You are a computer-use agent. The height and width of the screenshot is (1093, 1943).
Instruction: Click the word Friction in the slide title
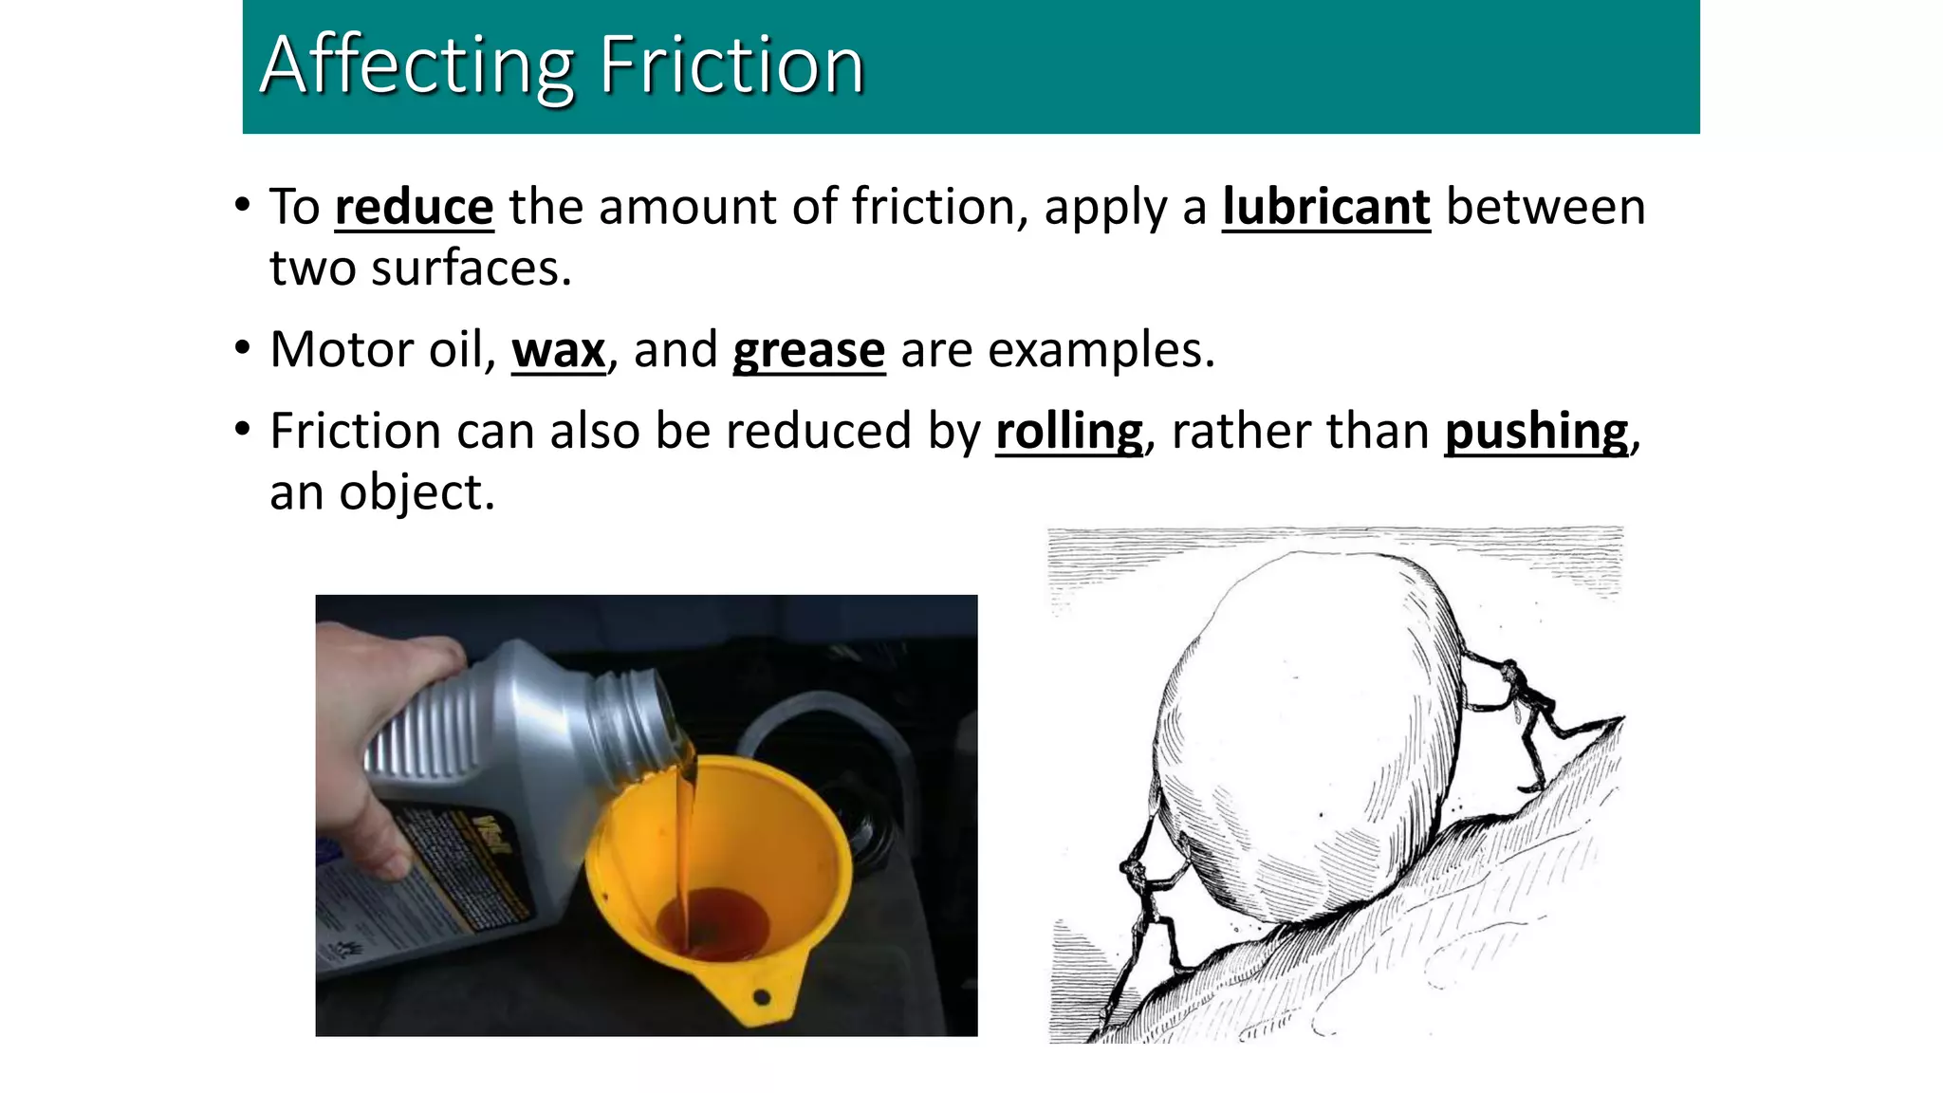731,65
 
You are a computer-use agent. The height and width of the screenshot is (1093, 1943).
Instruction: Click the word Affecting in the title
417,65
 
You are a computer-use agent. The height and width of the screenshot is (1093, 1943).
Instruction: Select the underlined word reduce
414,208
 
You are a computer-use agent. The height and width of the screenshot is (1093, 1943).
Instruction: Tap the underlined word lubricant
1325,208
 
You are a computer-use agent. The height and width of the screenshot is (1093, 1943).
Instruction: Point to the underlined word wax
558,351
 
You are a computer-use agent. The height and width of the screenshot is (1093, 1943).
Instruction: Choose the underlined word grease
808,351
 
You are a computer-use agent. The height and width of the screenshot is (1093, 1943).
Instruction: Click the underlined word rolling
1069,433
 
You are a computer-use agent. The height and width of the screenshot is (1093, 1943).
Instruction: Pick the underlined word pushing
1536,433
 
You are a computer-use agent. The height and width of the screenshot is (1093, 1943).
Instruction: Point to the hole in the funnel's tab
761,997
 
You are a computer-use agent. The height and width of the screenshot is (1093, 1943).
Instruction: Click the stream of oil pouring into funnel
685,835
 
